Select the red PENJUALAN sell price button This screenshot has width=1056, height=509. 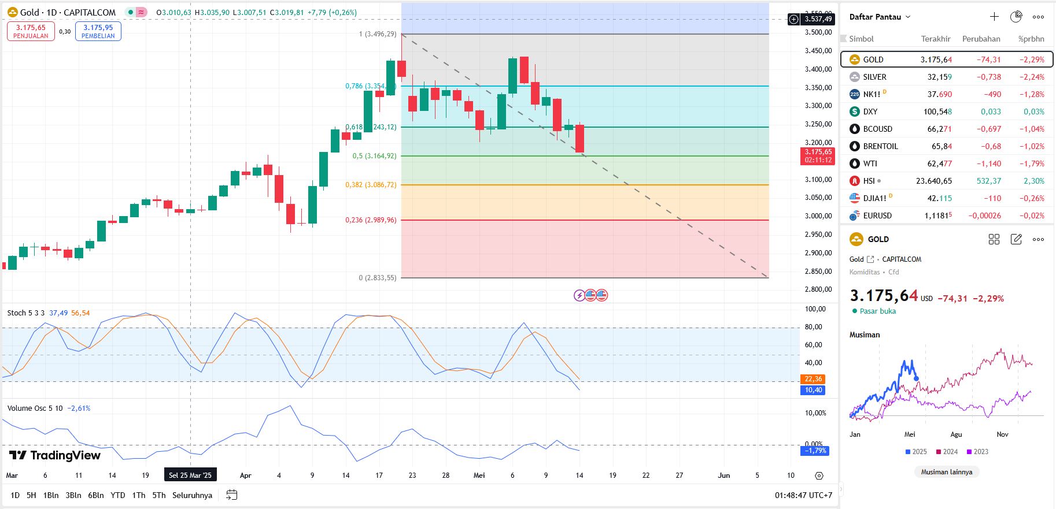point(31,31)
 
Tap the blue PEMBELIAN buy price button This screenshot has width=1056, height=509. point(98,31)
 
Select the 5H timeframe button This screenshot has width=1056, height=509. point(31,495)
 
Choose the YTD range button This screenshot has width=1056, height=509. point(117,495)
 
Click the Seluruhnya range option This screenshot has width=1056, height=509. point(192,495)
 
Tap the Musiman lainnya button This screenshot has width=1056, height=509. point(946,472)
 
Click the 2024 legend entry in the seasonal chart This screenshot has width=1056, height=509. point(947,452)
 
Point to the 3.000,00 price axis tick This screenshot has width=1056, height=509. point(818,216)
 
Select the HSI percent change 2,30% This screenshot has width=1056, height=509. point(1033,181)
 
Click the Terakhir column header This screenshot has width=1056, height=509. point(935,39)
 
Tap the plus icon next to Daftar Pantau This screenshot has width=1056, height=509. point(994,17)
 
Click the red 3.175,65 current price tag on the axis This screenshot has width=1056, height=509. point(818,155)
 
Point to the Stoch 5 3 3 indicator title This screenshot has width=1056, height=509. point(25,313)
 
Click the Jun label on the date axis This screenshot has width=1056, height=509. point(723,475)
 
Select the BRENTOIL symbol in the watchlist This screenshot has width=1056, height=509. point(880,146)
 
